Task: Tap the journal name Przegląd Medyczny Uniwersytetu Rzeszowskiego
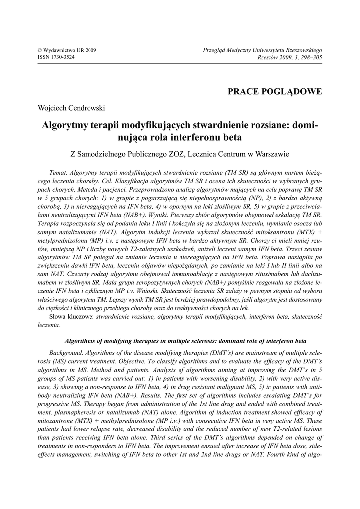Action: [x=263, y=50]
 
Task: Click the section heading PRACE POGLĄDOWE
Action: [x=274, y=91]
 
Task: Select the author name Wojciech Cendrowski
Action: [x=72, y=108]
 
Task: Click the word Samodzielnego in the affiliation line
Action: [x=105, y=154]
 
